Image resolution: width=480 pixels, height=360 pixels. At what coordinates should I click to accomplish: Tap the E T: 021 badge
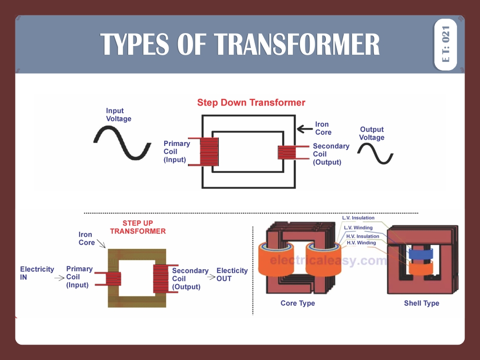(445, 44)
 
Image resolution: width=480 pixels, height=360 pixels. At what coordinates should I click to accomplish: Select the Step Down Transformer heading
(251, 103)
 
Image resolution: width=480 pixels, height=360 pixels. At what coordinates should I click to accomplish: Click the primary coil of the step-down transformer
(209, 151)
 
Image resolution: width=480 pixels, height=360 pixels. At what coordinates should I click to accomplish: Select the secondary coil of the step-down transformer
(288, 152)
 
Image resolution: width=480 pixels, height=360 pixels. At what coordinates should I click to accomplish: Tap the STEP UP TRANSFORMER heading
(138, 227)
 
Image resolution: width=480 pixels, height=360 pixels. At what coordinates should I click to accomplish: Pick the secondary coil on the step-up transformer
(160, 278)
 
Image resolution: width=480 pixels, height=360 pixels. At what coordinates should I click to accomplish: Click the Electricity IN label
(37, 273)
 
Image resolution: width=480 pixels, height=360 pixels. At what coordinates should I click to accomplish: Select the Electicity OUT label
(232, 275)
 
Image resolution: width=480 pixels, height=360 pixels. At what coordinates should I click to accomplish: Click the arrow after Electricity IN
(60, 278)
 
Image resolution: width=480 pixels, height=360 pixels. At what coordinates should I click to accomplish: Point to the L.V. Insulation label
(358, 218)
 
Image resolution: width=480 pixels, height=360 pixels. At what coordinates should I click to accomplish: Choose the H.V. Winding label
(361, 243)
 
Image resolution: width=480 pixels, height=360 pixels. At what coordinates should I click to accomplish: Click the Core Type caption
(298, 303)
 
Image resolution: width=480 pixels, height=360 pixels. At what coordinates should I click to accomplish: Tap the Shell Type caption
(421, 303)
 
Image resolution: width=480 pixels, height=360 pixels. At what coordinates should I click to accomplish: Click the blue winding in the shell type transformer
(420, 253)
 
